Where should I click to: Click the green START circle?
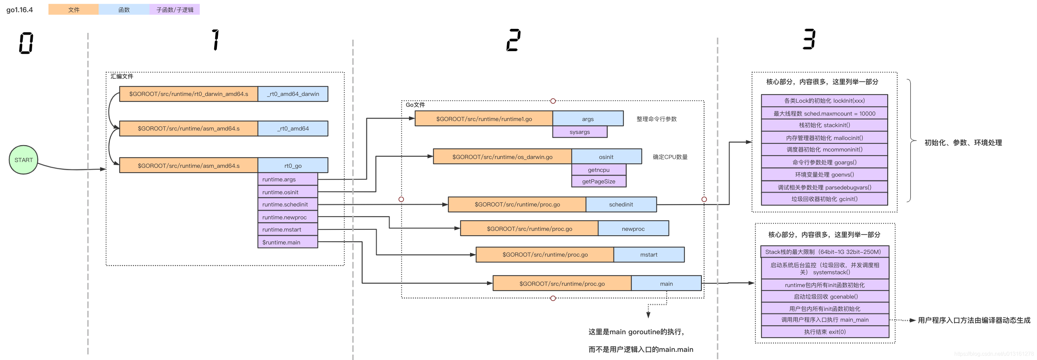23,160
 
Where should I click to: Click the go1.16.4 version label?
19,10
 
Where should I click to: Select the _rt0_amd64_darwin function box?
293,94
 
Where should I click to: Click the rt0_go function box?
293,165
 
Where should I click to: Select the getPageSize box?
598,182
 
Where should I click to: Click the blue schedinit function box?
621,204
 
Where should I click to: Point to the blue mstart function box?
649,255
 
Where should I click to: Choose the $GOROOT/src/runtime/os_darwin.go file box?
502,157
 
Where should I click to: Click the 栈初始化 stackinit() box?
824,125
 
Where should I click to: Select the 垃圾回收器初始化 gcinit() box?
824,199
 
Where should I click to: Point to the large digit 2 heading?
513,40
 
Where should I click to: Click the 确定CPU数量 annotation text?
670,157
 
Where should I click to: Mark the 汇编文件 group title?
122,77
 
